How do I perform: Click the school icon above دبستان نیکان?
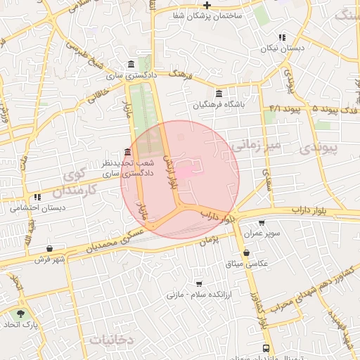(x=281, y=38)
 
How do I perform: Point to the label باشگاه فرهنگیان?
(x=219, y=105)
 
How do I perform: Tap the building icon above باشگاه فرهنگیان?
(x=219, y=94)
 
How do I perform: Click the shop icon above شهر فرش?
(x=49, y=248)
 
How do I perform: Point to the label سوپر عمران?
(x=262, y=233)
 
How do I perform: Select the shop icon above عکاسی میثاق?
(x=245, y=252)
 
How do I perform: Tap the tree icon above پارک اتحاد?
(x=23, y=313)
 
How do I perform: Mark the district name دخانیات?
(x=112, y=339)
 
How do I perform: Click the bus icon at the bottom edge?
(x=266, y=348)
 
